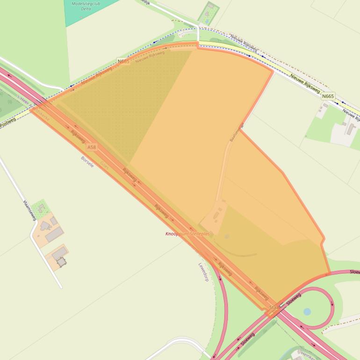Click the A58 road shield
(92, 147)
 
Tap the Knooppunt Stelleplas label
(187, 234)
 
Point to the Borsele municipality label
(87, 162)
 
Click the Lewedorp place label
(203, 272)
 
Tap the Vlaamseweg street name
(29, 210)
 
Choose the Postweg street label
(7, 122)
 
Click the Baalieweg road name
(237, 132)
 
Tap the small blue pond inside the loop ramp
(307, 311)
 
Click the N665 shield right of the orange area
(328, 96)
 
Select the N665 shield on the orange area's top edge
(123, 61)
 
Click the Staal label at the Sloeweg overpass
(274, 307)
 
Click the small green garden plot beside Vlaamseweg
(41, 207)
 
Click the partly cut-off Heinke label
(309, 355)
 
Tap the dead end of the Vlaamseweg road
(61, 287)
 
